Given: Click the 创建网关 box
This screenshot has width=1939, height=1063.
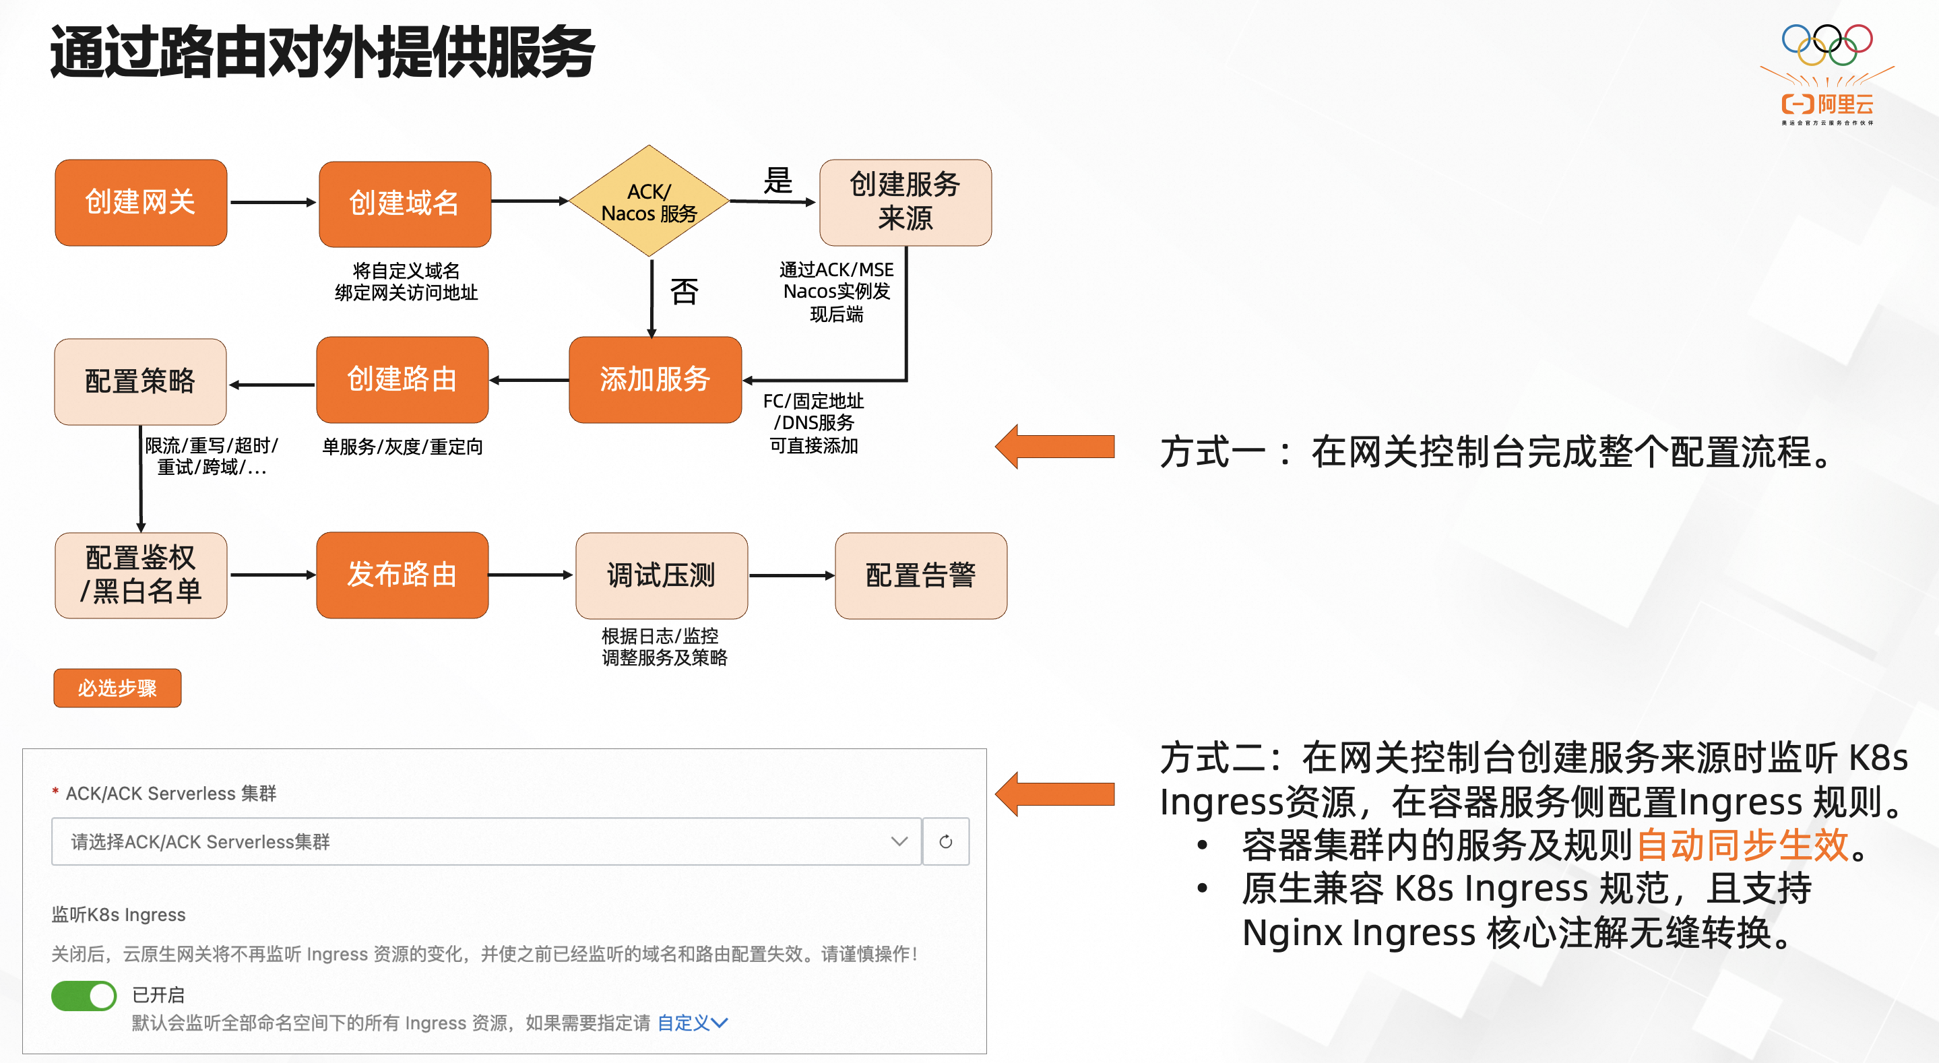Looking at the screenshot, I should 141,202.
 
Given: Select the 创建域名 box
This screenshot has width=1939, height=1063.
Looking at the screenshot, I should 404,203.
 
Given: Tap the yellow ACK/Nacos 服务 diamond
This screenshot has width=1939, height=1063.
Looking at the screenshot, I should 649,202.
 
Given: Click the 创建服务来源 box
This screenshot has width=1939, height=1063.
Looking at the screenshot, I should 905,202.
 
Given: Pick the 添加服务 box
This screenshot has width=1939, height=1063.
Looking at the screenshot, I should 655,379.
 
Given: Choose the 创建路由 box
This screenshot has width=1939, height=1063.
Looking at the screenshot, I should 402,379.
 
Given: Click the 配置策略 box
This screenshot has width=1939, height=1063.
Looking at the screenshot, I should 141,381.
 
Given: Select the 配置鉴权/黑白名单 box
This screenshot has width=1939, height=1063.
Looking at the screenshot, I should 141,575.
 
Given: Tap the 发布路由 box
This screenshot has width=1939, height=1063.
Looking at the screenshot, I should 402,575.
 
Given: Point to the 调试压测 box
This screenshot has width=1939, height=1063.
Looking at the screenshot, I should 661,575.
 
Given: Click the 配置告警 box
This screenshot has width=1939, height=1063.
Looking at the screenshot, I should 920,575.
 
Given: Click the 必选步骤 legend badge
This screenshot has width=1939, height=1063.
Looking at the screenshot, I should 117,687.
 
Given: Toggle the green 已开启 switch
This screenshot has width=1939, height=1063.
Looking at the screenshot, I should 84,995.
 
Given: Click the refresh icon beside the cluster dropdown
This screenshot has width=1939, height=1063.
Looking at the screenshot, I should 945,841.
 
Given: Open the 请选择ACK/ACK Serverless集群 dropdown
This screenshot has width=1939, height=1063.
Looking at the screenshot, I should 486,841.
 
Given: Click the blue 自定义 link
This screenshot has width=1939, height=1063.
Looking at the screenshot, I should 691,1023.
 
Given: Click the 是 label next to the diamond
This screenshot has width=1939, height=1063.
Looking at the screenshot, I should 777,181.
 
